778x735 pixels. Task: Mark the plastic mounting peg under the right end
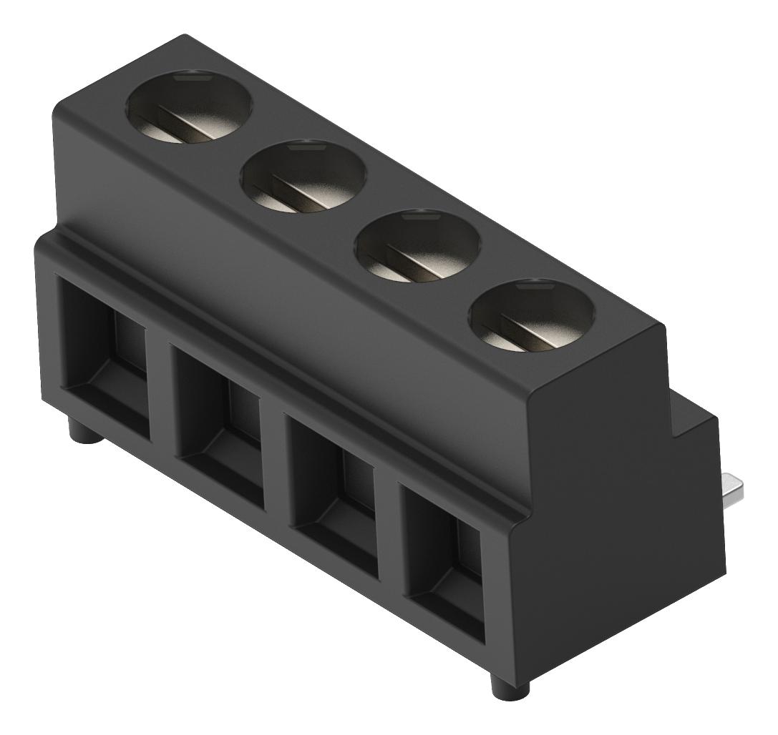[x=509, y=682]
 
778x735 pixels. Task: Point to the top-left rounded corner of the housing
[x=64, y=107]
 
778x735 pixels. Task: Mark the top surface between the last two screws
[x=476, y=282]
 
